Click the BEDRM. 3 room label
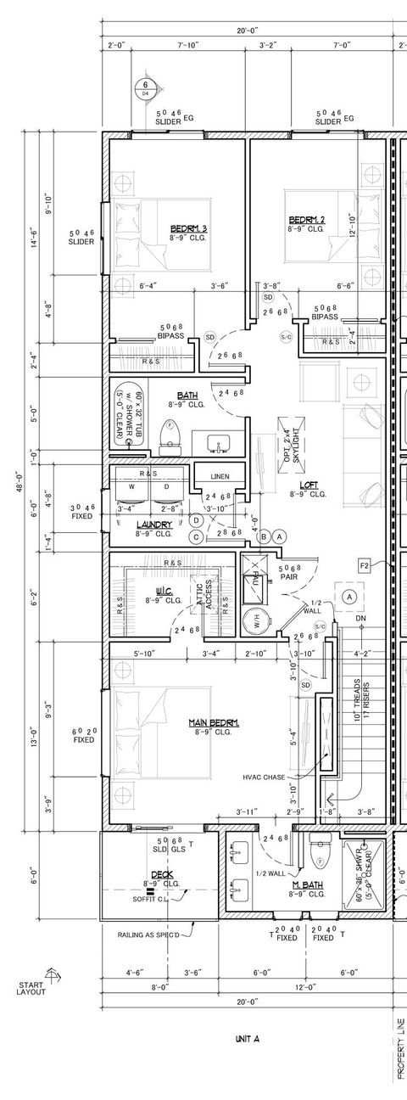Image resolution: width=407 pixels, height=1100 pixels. tap(188, 228)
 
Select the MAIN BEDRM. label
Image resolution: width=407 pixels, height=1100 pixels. tap(213, 722)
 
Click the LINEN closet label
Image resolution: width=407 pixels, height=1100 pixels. tap(220, 476)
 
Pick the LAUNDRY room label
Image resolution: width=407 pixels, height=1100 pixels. tap(154, 525)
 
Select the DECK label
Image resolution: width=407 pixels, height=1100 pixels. tap(162, 874)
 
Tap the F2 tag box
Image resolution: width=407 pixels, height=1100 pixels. tap(365, 564)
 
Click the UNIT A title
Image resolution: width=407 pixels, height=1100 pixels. tap(247, 1037)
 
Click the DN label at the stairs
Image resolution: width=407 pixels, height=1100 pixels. tap(360, 617)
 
